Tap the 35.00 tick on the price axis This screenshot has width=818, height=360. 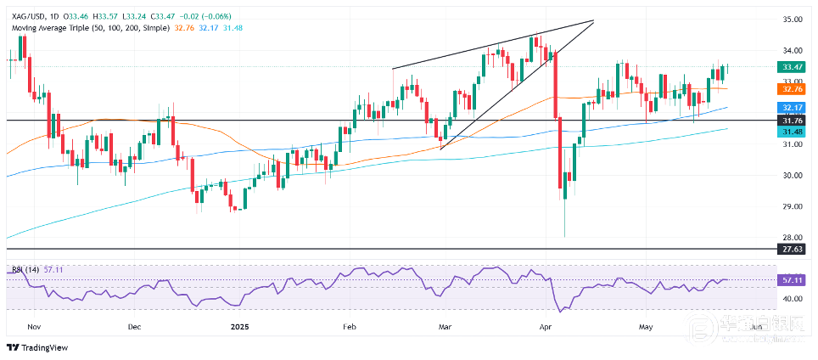[794, 19]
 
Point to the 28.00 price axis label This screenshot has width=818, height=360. [794, 237]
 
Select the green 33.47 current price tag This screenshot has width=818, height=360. [794, 66]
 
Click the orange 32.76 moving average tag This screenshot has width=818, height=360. [794, 88]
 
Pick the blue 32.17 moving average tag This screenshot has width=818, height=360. [794, 108]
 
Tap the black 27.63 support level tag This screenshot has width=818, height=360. [794, 249]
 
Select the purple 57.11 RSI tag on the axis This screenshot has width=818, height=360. [794, 279]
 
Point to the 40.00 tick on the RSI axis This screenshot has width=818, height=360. [794, 299]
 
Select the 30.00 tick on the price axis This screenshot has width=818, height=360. [794, 175]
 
